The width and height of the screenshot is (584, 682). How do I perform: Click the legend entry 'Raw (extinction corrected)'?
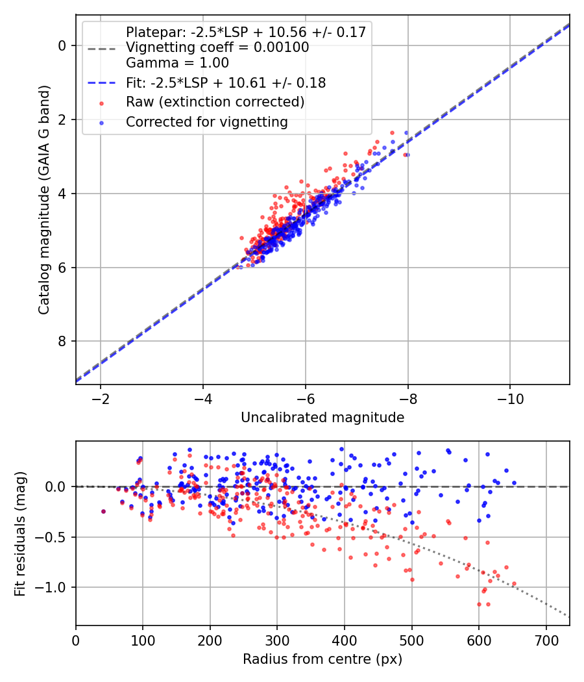[215, 102]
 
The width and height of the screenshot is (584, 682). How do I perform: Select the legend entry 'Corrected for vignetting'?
[206, 121]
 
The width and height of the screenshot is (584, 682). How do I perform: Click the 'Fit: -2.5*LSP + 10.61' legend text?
[225, 82]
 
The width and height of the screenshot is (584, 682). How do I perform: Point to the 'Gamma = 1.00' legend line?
[177, 63]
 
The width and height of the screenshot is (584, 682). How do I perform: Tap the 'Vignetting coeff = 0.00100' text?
[217, 47]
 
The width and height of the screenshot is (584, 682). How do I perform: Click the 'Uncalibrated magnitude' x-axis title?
[322, 418]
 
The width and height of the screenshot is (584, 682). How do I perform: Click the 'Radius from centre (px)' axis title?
[322, 659]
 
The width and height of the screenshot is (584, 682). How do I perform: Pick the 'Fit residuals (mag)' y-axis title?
[21, 533]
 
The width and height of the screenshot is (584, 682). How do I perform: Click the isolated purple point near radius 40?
[103, 512]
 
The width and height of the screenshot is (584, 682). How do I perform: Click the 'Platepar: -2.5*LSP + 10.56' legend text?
[246, 32]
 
